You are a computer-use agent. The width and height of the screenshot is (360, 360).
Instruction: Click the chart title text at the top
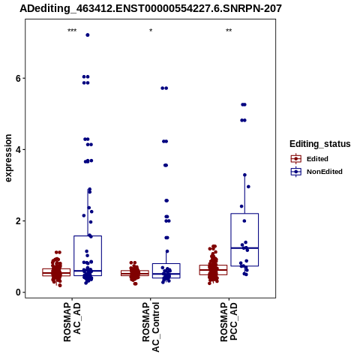point(151,8)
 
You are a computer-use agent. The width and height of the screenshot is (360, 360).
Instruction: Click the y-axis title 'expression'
point(8,158)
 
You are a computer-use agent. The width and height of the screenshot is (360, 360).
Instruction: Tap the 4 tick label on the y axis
point(18,150)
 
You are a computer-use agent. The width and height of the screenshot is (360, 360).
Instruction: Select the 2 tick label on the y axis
point(18,221)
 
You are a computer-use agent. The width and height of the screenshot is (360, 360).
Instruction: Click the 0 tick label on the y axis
point(18,292)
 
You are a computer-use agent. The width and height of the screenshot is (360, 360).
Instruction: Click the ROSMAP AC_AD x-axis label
point(72,322)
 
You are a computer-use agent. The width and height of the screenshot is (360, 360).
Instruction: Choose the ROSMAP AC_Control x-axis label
point(151,327)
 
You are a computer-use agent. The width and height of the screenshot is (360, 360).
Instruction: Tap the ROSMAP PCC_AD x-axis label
point(229,322)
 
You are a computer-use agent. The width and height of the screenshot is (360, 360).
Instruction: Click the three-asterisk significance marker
point(72,31)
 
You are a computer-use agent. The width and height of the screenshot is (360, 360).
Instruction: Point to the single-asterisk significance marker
point(151,31)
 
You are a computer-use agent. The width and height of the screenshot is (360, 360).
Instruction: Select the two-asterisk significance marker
point(229,31)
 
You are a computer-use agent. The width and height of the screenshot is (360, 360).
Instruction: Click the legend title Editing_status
point(320,144)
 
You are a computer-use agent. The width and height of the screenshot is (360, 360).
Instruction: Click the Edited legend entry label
point(317,159)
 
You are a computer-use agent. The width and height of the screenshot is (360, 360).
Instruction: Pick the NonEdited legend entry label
point(325,172)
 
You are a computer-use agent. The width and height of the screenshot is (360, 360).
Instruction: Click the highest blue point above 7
point(88,35)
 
